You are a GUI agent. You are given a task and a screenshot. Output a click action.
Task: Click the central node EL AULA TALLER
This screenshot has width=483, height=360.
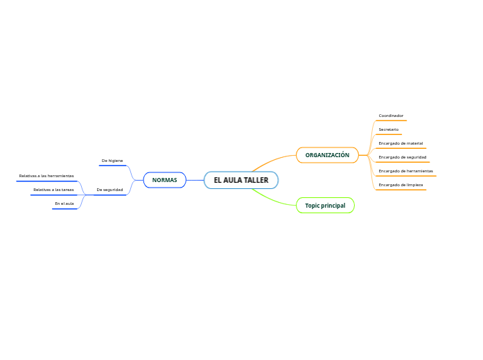click(x=240, y=180)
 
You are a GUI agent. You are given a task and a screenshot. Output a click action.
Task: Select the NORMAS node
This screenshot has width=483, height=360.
click(x=164, y=180)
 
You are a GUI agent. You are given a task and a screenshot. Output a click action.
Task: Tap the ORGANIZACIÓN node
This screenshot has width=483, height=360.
click(x=327, y=155)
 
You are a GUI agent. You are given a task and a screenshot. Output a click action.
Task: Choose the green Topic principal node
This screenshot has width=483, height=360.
click(x=325, y=206)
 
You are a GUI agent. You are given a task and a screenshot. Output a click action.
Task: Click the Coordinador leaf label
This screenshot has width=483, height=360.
click(x=391, y=116)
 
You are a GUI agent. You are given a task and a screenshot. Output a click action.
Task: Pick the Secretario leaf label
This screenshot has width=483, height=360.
click(x=388, y=129)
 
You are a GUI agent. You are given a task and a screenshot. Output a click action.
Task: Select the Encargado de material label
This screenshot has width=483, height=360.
click(x=401, y=143)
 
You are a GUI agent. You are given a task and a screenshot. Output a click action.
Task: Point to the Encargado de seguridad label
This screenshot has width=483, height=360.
click(x=402, y=157)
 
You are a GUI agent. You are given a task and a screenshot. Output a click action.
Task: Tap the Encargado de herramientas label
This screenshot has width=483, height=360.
click(x=405, y=171)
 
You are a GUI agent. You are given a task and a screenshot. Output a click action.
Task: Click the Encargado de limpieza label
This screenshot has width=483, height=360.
click(x=401, y=185)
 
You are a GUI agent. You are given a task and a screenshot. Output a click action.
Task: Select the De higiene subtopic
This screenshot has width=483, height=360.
click(x=112, y=161)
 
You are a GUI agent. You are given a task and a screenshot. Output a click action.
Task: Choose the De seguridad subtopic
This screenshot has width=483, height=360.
click(x=109, y=190)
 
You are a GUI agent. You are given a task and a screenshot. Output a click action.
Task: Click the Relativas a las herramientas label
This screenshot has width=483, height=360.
click(x=46, y=176)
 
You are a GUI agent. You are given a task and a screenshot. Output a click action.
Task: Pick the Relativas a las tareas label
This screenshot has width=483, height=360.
click(x=53, y=190)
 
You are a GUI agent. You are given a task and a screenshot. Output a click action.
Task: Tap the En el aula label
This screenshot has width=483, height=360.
click(x=64, y=204)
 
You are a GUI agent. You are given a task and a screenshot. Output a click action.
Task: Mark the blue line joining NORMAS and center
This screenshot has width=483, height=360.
click(x=195, y=180)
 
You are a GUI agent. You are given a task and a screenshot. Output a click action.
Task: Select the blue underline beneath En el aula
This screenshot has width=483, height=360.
click(x=64, y=208)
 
